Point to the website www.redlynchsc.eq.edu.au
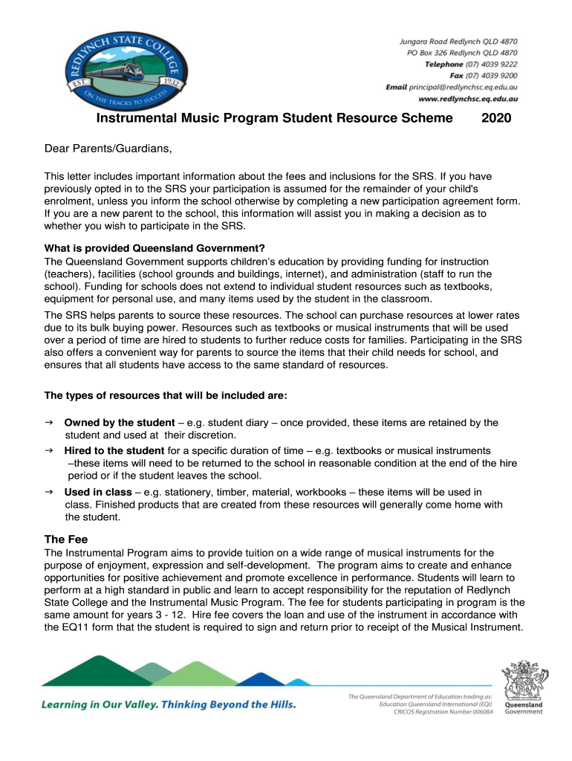(x=468, y=98)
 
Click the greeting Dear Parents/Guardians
(x=108, y=149)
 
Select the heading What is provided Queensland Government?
(x=155, y=248)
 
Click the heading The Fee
(x=66, y=540)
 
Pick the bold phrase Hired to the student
(x=114, y=450)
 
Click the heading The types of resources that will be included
(x=166, y=395)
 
